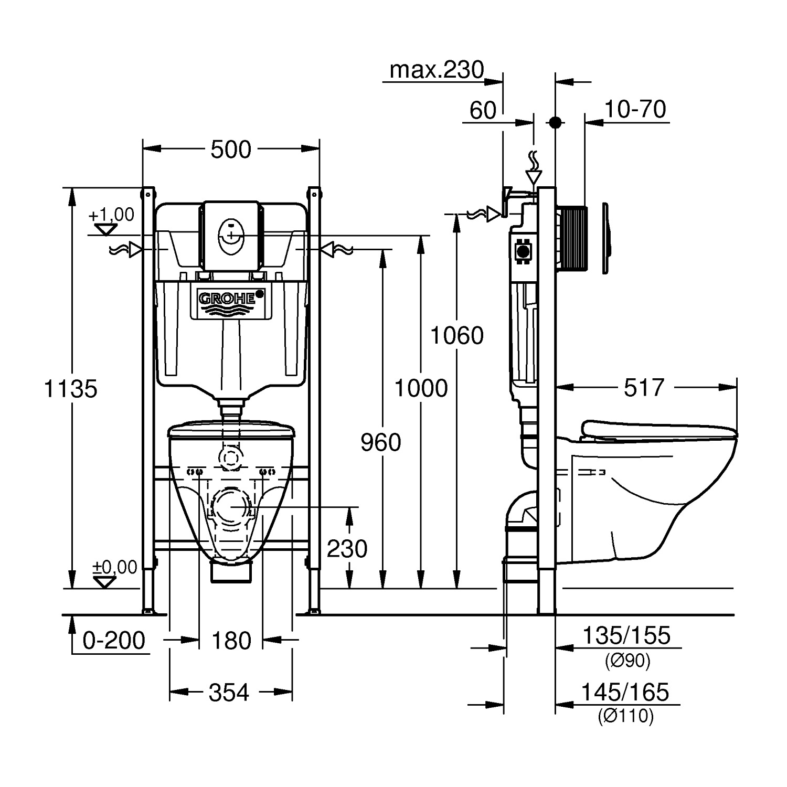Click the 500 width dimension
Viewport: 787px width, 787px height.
point(231,150)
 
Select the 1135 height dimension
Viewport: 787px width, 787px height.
point(71,389)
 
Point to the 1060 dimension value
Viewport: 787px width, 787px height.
point(456,336)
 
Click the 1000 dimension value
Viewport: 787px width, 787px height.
point(421,389)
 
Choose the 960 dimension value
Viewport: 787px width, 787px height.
point(381,443)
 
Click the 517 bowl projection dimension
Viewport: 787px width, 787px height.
point(644,388)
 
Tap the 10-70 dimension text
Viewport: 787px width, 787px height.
point(635,110)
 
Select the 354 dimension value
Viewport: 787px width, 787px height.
point(229,693)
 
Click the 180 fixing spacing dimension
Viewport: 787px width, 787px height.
point(231,641)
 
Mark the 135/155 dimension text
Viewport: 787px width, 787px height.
point(627,636)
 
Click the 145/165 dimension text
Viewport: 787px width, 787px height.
point(625,693)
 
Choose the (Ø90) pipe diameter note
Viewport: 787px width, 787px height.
point(628,661)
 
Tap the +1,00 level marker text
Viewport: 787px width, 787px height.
point(111,215)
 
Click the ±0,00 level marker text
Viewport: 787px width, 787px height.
point(115,567)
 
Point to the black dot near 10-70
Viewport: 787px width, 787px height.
point(555,123)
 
